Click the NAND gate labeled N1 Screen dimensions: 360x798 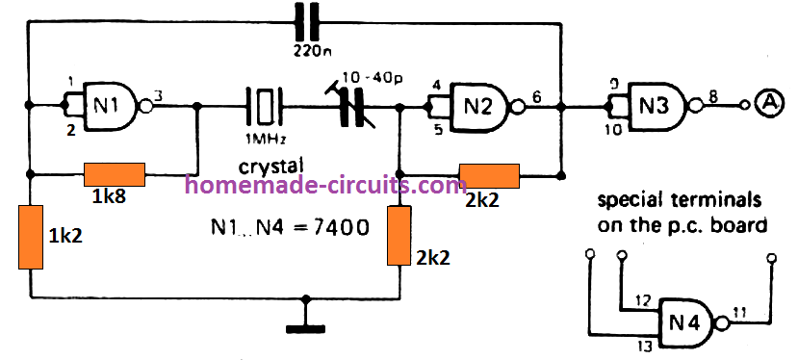[109, 103]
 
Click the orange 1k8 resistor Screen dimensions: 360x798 [115, 174]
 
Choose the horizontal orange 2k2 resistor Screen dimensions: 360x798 [489, 175]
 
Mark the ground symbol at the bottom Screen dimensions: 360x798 [306, 326]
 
